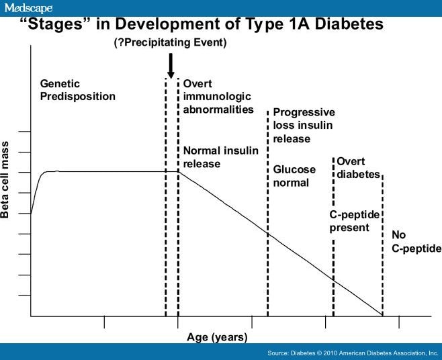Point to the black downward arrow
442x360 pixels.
coord(171,66)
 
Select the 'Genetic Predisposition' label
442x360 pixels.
coord(77,90)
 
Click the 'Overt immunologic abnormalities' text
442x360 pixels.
coord(218,97)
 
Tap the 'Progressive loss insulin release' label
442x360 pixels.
coord(304,126)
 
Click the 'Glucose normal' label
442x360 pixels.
coord(294,176)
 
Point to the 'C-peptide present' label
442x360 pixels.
coord(355,221)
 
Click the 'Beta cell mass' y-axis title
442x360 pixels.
coord(6,180)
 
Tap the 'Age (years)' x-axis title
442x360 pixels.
coord(217,337)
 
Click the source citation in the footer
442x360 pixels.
coord(352,353)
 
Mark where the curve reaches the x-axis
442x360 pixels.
coord(383,315)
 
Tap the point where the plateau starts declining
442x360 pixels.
coord(178,171)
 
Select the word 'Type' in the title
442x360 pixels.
coord(277,25)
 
